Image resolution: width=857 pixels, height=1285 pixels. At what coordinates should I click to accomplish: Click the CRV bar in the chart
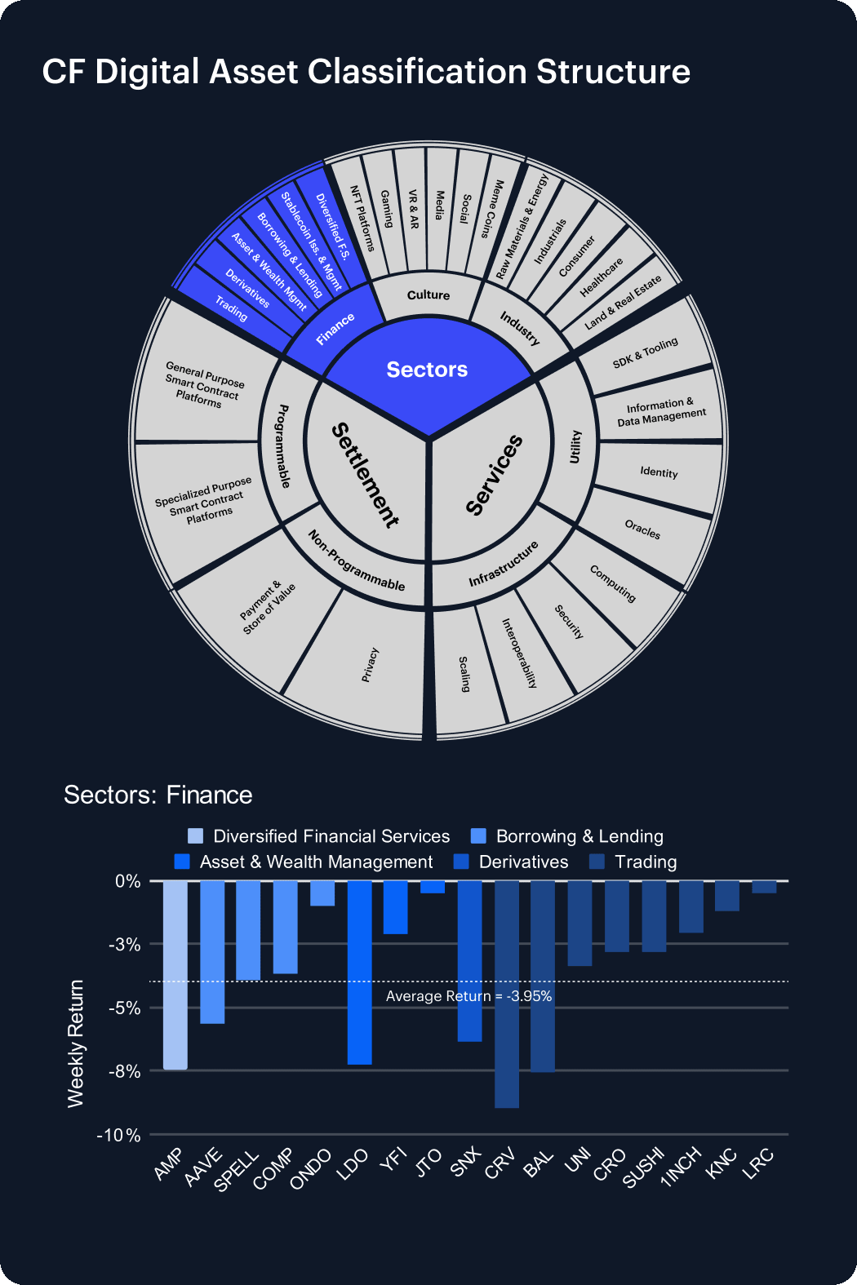tap(507, 995)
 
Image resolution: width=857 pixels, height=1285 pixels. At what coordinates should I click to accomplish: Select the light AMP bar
tap(175, 975)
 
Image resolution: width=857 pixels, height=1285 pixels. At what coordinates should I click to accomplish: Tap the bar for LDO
tap(359, 973)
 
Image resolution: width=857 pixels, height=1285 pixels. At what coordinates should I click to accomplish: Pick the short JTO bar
tap(433, 887)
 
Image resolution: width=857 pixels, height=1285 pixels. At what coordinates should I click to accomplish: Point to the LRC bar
tap(765, 887)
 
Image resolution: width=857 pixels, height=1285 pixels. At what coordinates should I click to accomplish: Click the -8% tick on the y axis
tap(125, 1071)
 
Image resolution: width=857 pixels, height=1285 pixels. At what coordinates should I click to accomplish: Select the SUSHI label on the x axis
tap(643, 1168)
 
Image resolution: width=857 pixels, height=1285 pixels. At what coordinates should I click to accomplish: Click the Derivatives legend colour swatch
tap(461, 862)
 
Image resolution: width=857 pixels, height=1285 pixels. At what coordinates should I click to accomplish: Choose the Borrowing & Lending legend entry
tap(566, 836)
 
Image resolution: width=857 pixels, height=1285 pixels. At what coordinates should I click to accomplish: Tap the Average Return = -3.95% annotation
tap(468, 996)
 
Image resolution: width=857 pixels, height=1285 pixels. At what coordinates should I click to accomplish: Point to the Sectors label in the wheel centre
tap(427, 370)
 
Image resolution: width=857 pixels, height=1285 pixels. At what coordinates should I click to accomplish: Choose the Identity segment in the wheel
tap(659, 472)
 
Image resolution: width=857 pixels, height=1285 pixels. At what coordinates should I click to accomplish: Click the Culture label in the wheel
tap(428, 295)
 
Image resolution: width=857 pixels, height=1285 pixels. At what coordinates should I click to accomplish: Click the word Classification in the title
tap(417, 73)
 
